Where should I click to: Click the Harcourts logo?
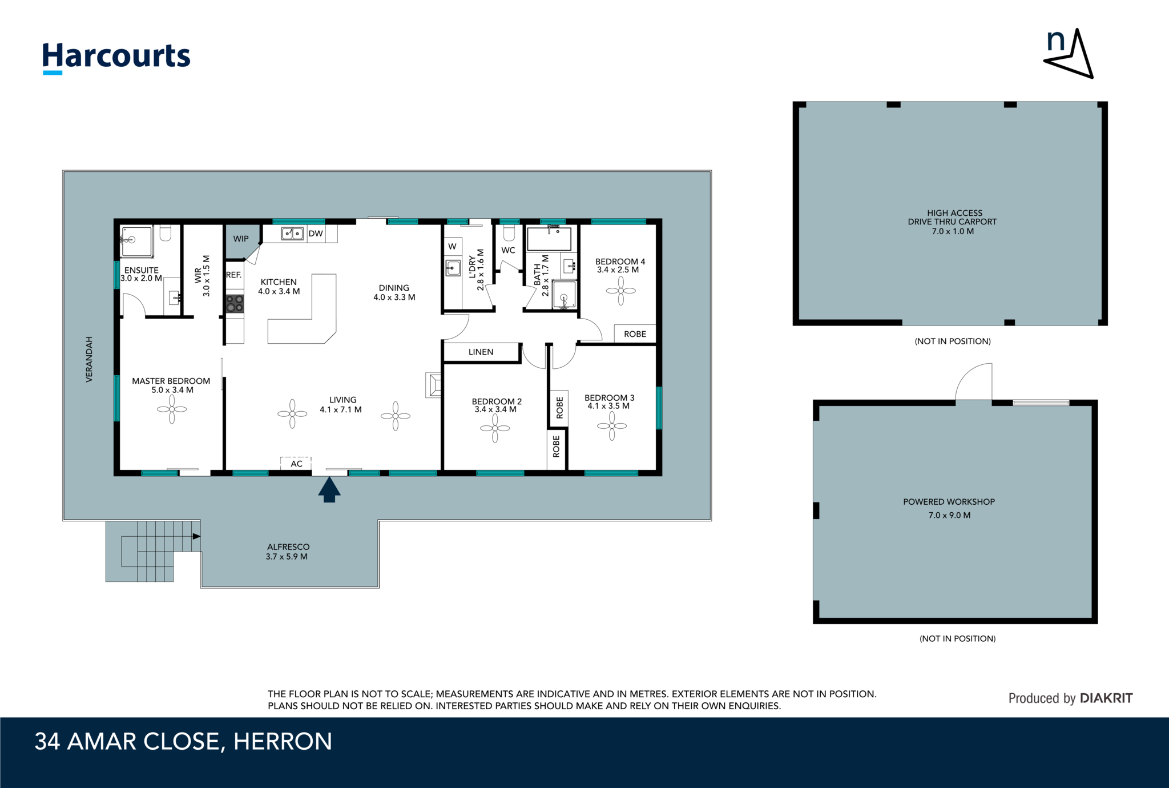[116, 58]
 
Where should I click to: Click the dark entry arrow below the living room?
[329, 489]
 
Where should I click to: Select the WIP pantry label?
[241, 239]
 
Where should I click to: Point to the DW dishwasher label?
[316, 234]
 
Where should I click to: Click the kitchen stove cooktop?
[235, 303]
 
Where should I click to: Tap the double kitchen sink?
[292, 234]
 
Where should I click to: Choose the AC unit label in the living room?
[296, 464]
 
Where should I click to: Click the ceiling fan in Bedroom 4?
[620, 291]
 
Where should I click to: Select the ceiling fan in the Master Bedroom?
[172, 409]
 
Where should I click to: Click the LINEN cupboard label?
[481, 352]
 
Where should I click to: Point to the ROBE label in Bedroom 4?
[635, 334]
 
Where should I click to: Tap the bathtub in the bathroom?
[549, 239]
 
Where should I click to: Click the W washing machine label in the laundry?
[452, 247]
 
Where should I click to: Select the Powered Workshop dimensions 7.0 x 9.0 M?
[949, 515]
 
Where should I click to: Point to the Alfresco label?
[288, 547]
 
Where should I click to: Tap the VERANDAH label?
[89, 359]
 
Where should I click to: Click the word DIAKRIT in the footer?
[1106, 698]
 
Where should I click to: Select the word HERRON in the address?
[283, 742]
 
